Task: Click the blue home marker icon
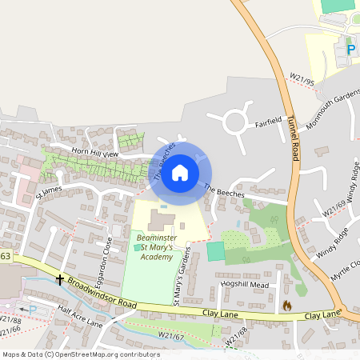[180, 173]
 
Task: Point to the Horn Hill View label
[95, 153]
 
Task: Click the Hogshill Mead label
[245, 284]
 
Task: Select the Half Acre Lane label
[81, 318]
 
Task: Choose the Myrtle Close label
[346, 269]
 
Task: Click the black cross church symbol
[60, 280]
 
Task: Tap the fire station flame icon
[287, 306]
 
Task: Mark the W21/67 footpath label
[172, 336]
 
